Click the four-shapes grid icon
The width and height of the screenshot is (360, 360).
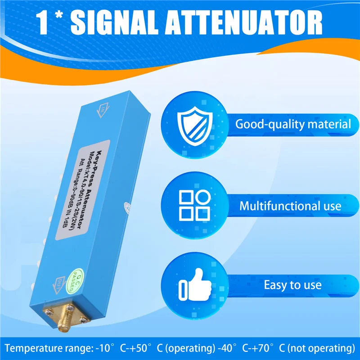pyautogui.click(x=194, y=206)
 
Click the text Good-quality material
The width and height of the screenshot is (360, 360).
pyautogui.click(x=293, y=124)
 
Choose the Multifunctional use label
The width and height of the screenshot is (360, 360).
pyautogui.click(x=290, y=207)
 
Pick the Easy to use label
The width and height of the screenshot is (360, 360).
pyautogui.click(x=292, y=285)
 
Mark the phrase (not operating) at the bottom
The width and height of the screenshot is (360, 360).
pyautogui.click(x=320, y=348)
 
